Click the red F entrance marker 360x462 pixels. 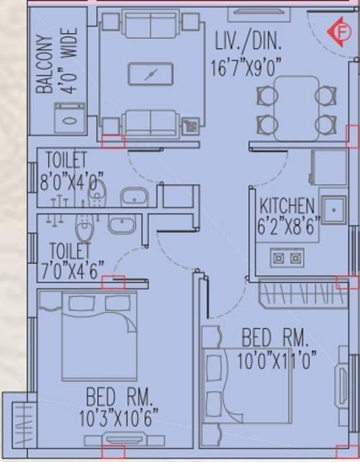point(336,32)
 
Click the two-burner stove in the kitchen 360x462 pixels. point(286,257)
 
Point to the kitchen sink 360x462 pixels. point(333,210)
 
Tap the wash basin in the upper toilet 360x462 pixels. point(132,196)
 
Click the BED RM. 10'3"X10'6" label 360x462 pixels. point(119,406)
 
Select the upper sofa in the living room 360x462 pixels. point(150,25)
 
